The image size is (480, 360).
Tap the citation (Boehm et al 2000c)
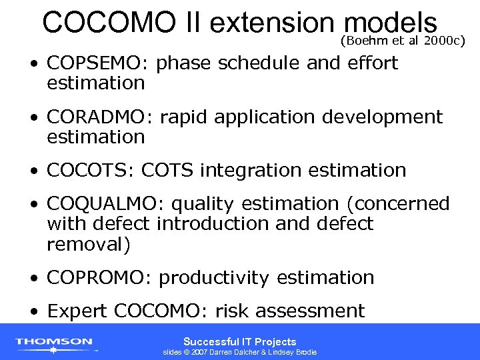coord(402,41)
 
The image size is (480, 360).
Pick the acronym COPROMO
coord(99,277)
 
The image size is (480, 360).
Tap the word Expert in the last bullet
coord(78,311)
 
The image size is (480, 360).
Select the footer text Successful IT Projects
coord(240,341)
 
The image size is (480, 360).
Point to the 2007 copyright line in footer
coord(240,352)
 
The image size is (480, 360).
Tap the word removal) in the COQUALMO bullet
coord(89,244)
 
